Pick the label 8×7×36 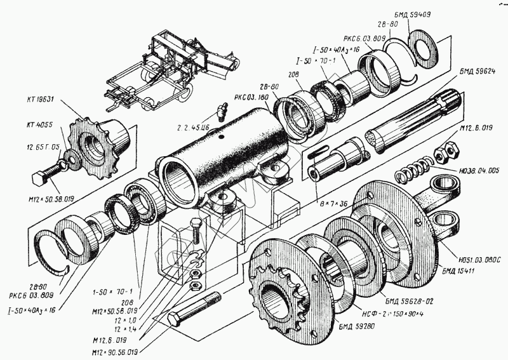tap(332, 204)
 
